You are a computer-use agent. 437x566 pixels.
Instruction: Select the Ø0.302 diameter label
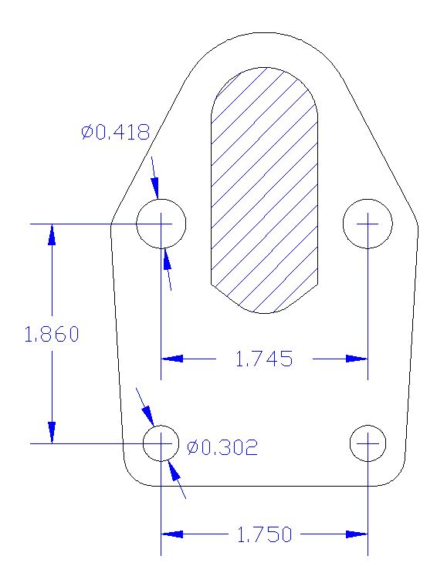(222, 447)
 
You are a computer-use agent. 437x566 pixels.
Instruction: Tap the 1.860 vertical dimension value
(52, 335)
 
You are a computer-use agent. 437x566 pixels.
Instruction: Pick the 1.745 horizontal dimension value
(263, 359)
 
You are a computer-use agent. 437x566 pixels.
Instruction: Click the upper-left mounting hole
(161, 224)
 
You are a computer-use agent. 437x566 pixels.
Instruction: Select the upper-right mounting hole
(368, 224)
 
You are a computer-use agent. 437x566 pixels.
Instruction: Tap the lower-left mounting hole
(161, 443)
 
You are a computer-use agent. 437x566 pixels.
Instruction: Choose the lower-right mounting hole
(368, 443)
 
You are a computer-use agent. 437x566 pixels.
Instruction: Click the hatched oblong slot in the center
(265, 189)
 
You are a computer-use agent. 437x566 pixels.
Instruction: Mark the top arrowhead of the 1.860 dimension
(52, 234)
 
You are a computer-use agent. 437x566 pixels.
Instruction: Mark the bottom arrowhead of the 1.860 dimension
(52, 433)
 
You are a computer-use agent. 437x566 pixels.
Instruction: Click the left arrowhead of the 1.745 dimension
(171, 359)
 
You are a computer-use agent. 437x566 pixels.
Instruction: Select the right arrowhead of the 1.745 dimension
(356, 359)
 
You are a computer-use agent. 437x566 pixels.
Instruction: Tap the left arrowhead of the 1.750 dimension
(171, 534)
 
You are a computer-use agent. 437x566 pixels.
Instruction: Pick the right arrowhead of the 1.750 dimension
(356, 534)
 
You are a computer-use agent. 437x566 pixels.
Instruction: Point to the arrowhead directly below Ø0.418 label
(155, 188)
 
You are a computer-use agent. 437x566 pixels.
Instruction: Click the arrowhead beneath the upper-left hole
(166, 259)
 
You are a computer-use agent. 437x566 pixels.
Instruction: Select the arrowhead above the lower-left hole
(149, 417)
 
